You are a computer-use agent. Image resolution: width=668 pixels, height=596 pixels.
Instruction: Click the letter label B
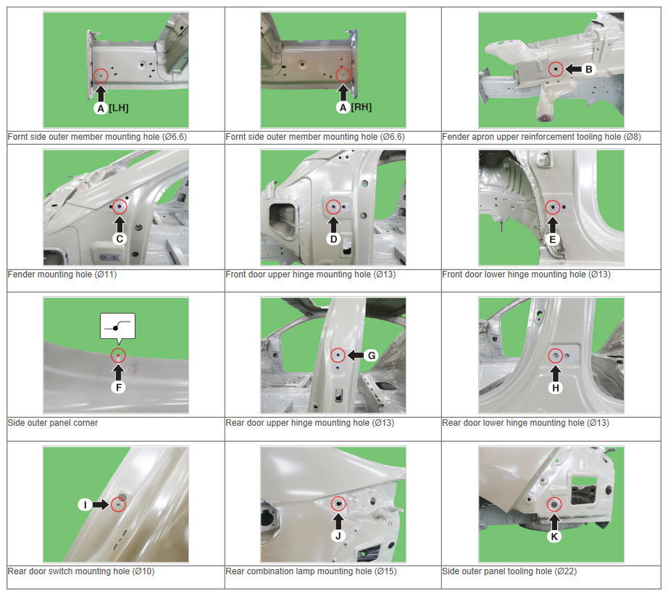click(588, 70)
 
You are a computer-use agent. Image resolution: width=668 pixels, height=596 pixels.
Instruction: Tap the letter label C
click(120, 239)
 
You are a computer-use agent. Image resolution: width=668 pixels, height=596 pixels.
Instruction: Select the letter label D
click(333, 239)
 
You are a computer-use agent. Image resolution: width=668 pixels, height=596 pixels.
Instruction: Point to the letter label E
click(553, 240)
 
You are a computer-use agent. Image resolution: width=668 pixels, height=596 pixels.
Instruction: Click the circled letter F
click(118, 387)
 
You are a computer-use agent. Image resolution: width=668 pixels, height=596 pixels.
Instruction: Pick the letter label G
click(372, 356)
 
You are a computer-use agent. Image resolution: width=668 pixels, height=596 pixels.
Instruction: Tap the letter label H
click(556, 388)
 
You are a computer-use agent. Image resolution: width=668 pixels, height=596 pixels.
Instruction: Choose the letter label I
click(85, 505)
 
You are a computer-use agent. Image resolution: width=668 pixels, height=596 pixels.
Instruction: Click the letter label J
click(338, 536)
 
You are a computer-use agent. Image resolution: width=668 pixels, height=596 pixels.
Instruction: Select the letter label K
click(554, 537)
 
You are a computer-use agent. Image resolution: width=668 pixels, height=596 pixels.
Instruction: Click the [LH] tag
click(118, 108)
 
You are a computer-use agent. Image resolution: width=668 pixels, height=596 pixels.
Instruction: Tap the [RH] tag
click(362, 107)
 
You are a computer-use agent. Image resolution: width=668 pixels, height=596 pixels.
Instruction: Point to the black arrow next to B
click(573, 70)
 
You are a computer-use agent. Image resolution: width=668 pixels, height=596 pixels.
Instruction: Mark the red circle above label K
click(554, 505)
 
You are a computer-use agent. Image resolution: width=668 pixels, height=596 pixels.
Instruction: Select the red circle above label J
click(338, 504)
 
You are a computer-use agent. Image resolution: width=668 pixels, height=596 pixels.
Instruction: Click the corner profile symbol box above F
click(117, 327)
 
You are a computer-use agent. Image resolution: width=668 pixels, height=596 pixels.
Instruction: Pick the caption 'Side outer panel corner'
click(53, 423)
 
